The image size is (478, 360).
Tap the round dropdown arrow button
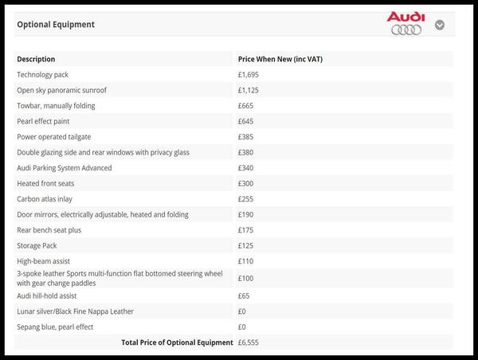[440, 25]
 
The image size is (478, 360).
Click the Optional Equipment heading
[56, 25]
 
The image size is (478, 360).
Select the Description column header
[37, 59]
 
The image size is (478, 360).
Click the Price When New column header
[280, 59]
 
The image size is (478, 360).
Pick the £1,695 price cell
[249, 75]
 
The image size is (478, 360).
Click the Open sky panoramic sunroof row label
[61, 90]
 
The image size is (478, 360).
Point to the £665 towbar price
[245, 106]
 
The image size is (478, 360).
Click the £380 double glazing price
[245, 152]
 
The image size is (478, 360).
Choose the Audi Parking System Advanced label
[65, 168]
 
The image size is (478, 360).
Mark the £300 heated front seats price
[245, 183]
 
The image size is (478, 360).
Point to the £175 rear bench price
[245, 230]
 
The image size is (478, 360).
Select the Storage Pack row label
[37, 245]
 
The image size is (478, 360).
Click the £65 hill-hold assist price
[244, 295]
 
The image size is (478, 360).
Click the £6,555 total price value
[249, 342]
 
